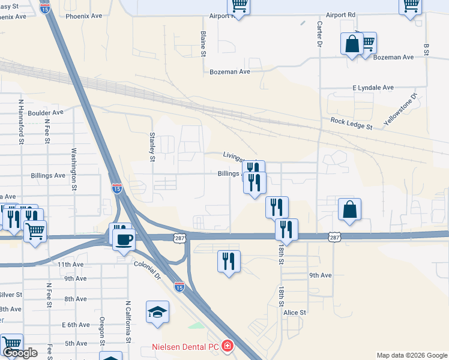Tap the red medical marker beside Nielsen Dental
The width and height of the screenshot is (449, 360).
point(228,346)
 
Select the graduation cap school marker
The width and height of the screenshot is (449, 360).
point(157,313)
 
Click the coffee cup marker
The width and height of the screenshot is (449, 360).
point(124,239)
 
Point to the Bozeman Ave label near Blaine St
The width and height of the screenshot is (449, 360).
point(229,71)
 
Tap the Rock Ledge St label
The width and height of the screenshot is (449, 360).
point(351,124)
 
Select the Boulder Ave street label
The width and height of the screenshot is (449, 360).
point(45,112)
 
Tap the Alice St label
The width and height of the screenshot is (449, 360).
point(295,313)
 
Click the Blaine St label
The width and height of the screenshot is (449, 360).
point(203,44)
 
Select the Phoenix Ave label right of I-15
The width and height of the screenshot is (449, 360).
point(84,16)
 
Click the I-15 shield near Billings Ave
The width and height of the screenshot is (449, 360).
point(117,188)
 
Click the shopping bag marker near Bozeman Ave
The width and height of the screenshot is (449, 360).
point(352,44)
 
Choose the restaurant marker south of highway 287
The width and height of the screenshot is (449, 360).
point(228,262)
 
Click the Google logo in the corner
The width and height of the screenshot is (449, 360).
point(20,353)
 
